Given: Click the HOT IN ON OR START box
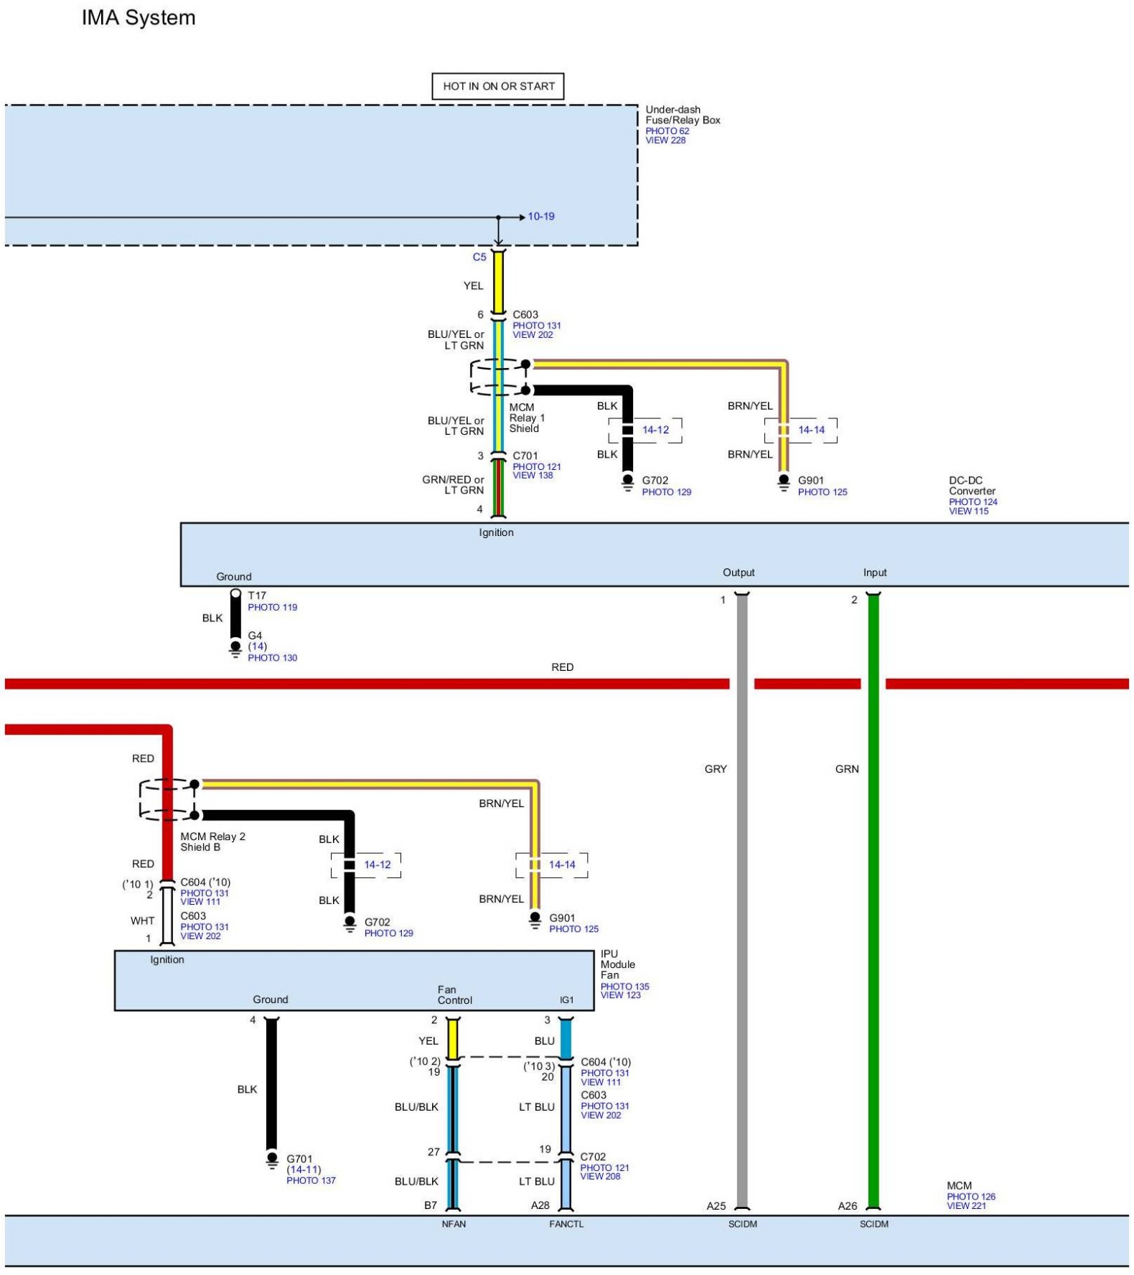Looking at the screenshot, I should pos(498,86).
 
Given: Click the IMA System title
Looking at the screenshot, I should pos(139,18).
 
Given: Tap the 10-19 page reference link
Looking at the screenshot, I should pos(541,217).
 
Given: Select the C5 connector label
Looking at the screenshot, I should pos(479,257).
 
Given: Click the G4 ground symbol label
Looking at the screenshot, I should pos(255,636).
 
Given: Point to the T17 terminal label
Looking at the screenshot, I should pos(257,596).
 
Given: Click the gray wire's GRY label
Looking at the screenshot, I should pos(716,769).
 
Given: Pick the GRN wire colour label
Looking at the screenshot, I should pos(847,769).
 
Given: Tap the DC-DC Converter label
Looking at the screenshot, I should pos(972,486).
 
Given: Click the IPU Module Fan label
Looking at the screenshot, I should pos(617,964).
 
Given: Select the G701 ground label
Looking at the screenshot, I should pos(299,1159).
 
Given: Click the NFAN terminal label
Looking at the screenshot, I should pos(454,1224).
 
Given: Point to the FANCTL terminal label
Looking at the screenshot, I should pos(566,1224).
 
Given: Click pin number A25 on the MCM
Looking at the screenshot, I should pos(716,1206).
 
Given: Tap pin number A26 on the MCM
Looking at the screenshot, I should pos(848,1206).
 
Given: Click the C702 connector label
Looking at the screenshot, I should pos(593,1157).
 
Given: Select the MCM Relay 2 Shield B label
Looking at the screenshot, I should pos(212,842).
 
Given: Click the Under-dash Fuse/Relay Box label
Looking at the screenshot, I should pos(683,115).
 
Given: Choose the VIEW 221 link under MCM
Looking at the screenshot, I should pos(966,1205).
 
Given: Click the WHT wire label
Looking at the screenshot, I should pos(142,921).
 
